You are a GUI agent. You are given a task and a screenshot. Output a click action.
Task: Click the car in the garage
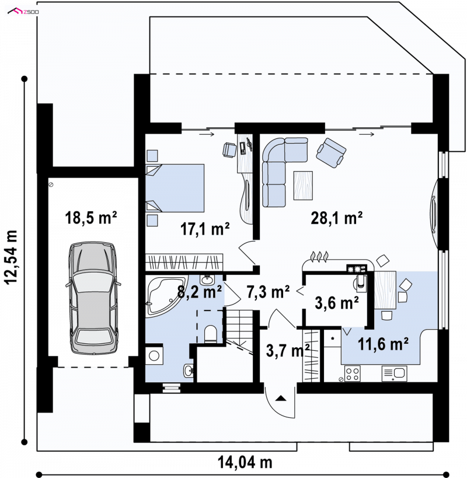93,298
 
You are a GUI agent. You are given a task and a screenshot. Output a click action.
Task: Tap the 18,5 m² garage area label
91,218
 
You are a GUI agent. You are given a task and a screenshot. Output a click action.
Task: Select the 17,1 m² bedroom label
205,229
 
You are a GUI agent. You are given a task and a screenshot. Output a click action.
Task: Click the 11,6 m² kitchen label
383,344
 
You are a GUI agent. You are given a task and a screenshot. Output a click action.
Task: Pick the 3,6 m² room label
337,303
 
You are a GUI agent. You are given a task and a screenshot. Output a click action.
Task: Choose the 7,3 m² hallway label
268,292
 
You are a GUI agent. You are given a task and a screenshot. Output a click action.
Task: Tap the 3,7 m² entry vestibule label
288,350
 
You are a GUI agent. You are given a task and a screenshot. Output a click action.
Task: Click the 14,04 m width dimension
245,462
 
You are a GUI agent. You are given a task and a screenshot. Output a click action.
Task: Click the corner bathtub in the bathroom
166,296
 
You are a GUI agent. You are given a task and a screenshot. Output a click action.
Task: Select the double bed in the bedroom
175,188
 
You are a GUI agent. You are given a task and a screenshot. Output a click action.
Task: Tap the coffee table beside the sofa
303,186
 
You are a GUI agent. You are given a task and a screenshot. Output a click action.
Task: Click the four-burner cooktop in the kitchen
353,374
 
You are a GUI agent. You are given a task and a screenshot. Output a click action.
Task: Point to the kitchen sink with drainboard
394,374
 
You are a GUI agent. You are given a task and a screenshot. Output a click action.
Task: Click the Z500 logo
23,12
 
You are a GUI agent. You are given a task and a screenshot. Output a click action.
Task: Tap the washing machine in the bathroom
154,355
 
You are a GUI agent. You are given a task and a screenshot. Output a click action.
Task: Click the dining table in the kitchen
385,290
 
